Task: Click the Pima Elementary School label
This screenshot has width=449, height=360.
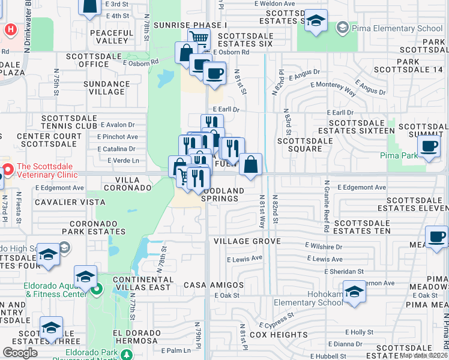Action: (396, 28)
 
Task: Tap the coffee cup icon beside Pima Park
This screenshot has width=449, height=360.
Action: (429, 147)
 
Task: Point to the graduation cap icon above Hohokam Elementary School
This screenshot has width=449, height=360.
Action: (355, 292)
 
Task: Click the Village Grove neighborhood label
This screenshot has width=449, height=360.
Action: (247, 241)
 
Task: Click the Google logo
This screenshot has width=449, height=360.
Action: (20, 353)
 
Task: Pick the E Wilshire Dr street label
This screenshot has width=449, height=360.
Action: (324, 246)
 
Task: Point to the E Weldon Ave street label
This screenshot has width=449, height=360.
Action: (274, 4)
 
